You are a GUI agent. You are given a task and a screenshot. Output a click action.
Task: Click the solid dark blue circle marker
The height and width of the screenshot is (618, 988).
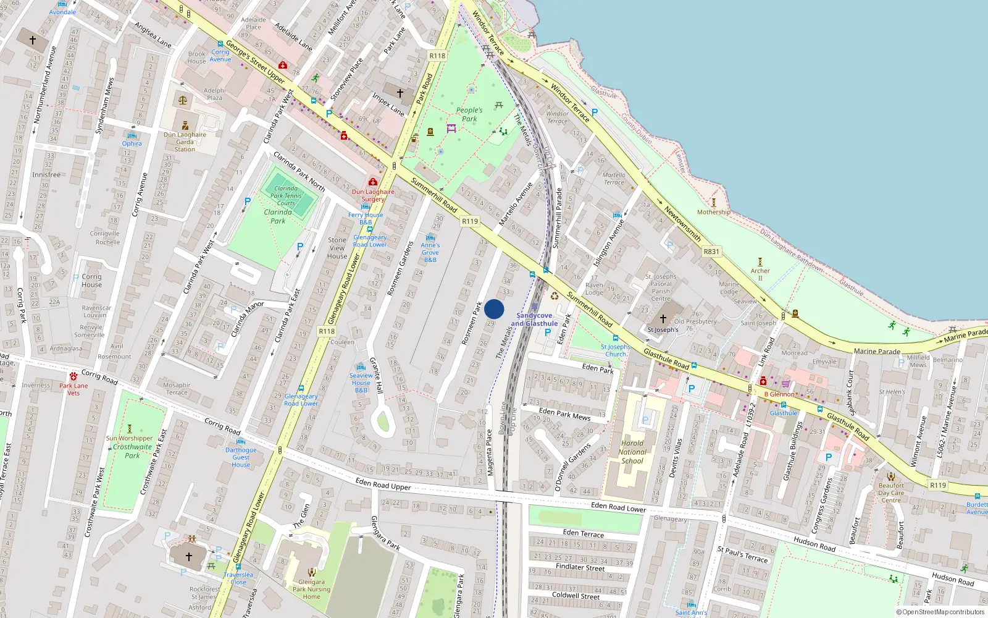click(x=494, y=309)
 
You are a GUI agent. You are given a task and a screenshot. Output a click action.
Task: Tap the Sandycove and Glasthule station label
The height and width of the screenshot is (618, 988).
click(x=534, y=320)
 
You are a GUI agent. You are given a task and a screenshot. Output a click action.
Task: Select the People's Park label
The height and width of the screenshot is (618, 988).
click(x=469, y=114)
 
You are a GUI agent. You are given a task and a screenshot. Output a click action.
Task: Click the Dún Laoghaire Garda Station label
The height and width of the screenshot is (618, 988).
click(x=185, y=142)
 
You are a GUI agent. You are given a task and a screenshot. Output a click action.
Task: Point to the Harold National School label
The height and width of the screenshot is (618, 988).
click(x=632, y=452)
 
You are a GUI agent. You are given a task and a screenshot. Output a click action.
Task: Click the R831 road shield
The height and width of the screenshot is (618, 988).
click(x=711, y=252)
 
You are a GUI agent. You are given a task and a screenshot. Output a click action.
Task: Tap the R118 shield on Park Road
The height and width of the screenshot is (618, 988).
click(x=437, y=56)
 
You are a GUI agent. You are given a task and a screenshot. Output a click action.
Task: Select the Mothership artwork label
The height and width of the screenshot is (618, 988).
click(x=713, y=212)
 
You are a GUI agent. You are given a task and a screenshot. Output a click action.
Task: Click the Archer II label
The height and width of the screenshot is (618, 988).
click(x=760, y=274)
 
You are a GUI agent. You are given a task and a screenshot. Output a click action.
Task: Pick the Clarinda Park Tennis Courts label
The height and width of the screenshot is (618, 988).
click(x=285, y=195)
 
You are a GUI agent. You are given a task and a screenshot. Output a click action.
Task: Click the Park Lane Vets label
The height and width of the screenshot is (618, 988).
click(x=73, y=389)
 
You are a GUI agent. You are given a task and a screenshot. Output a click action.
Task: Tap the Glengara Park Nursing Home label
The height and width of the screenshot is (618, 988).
click(x=311, y=589)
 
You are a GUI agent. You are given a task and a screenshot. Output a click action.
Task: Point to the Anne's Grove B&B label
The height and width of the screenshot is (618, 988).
click(x=430, y=252)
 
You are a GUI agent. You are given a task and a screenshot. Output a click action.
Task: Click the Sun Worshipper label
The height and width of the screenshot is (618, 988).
click(x=129, y=438)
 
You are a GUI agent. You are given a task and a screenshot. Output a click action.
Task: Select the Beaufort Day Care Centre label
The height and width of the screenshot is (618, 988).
click(x=891, y=493)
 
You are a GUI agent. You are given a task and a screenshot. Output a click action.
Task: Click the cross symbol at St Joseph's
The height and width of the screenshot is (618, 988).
click(x=663, y=319)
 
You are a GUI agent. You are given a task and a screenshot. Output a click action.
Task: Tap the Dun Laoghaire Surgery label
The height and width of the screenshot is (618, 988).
click(x=373, y=195)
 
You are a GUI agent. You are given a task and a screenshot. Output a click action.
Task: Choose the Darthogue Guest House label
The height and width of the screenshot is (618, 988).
click(x=241, y=457)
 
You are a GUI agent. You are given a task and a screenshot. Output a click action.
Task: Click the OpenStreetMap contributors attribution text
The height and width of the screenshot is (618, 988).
click(x=940, y=612)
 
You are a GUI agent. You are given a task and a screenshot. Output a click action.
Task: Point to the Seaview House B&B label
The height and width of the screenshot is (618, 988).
click(x=361, y=383)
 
